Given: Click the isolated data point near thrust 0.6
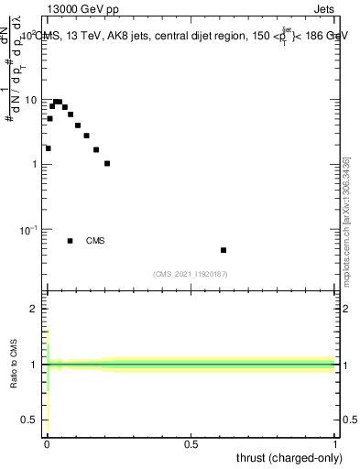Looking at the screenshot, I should [224, 250].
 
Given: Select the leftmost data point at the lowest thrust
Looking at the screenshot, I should [48, 148].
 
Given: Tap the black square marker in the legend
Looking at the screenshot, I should [70, 241].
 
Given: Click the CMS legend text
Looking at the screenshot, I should [95, 241].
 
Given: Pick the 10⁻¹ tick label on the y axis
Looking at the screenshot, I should [27, 229].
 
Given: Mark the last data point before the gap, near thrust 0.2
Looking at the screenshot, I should [107, 163].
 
